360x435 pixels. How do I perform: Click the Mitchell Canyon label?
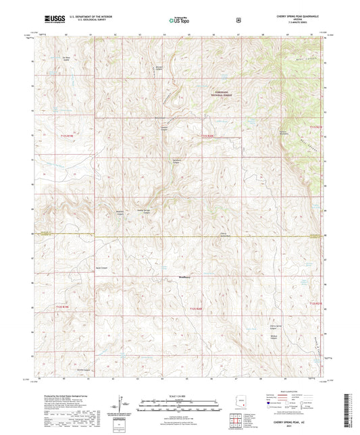pyautogui.click(x=159, y=68)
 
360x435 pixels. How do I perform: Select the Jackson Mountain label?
pyautogui.click(x=284, y=132)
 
